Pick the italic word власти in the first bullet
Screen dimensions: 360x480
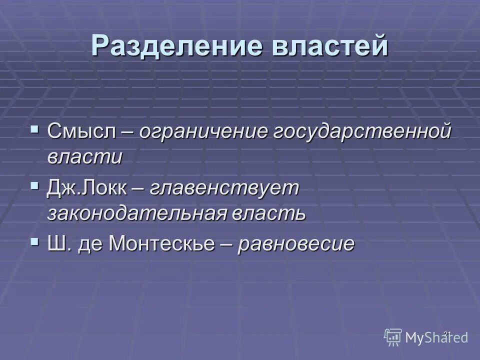(x=85, y=157)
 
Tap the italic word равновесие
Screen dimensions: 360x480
(x=296, y=244)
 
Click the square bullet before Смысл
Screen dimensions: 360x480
(x=34, y=130)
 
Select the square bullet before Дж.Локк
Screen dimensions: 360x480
(x=34, y=186)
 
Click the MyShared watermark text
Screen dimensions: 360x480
(x=437, y=337)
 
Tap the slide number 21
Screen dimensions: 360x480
(x=447, y=333)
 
